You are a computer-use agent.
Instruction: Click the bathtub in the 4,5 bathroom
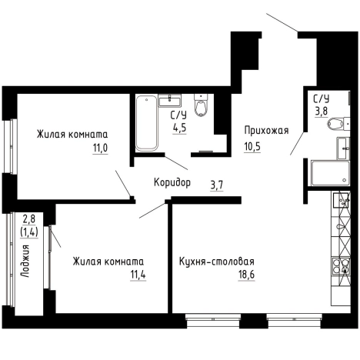(146, 123)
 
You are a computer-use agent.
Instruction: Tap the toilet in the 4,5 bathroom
(201, 105)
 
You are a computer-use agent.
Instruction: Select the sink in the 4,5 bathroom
(170, 100)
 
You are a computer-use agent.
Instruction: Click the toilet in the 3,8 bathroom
(338, 124)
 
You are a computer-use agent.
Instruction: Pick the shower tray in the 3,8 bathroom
(330, 173)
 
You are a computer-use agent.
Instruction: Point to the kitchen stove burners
(341, 266)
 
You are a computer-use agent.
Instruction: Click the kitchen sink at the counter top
(341, 200)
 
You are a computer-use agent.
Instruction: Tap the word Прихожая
(266, 131)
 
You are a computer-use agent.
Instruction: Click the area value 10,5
(252, 147)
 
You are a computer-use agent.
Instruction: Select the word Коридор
(172, 182)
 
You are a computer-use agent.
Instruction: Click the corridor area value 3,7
(217, 185)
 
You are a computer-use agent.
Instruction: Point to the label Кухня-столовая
(217, 262)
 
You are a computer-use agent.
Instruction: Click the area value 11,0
(100, 148)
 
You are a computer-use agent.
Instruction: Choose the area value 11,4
(138, 275)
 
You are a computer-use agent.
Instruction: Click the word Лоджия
(25, 262)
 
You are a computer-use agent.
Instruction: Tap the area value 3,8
(322, 112)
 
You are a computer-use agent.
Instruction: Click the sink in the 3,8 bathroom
(343, 148)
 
